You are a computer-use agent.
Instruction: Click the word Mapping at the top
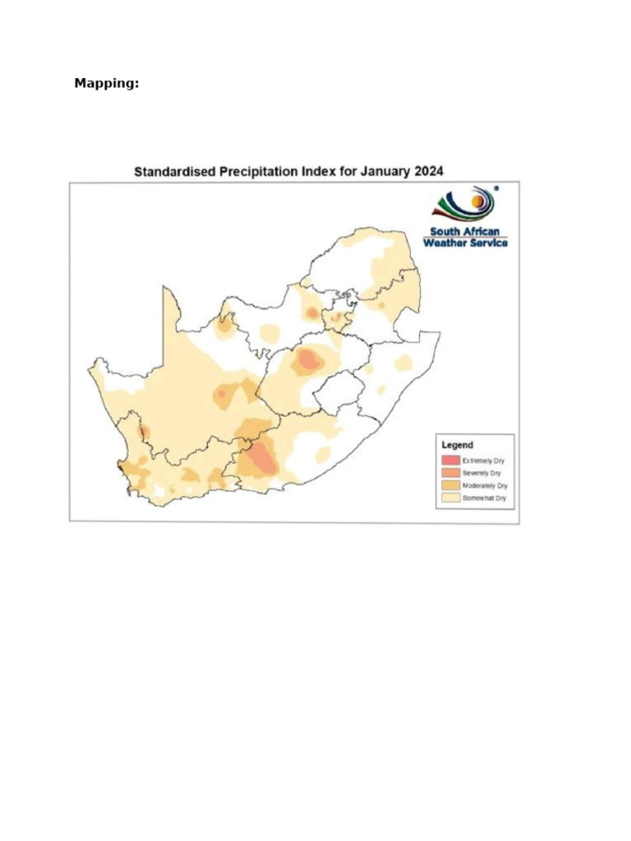pos(106,83)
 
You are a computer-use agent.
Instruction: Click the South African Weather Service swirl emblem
pos(464,205)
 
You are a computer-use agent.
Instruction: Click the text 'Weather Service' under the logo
pos(465,242)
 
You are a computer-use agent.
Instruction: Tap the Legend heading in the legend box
pos(457,445)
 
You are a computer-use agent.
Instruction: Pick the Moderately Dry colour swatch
pos(449,485)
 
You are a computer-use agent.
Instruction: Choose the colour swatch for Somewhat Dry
pos(449,498)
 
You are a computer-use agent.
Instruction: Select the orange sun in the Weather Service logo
pos(477,198)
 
